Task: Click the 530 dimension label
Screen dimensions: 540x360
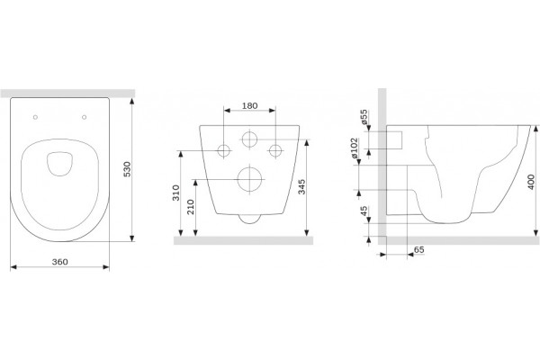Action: pos(128,169)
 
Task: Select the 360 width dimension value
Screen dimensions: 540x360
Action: pos(60,262)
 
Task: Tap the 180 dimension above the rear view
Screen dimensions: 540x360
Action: pos(249,106)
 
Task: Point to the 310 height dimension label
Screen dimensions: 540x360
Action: pos(176,193)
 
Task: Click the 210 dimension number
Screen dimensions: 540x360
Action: pos(191,207)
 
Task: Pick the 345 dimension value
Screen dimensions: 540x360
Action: pos(301,186)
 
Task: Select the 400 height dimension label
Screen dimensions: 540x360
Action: pos(531,182)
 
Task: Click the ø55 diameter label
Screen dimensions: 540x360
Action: pos(364,117)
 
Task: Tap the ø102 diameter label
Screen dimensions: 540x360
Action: pos(355,148)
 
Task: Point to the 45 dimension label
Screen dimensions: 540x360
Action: pos(364,211)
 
